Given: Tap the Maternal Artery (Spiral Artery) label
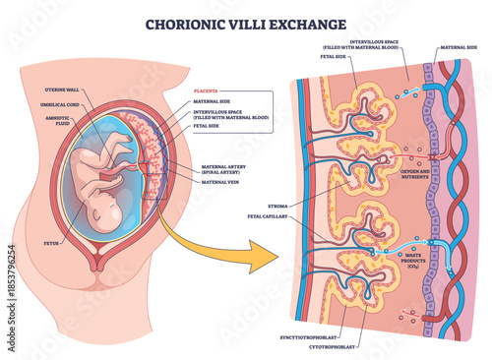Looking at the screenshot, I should pyautogui.click(x=223, y=169).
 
